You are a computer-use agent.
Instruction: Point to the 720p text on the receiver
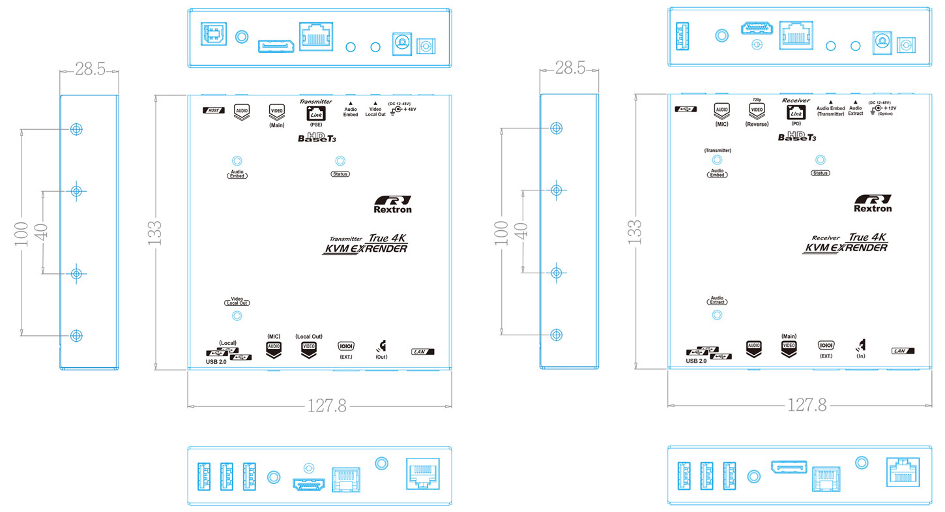click(x=757, y=100)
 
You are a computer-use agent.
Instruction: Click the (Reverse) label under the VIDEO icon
click(x=757, y=124)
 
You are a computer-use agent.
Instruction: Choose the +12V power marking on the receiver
click(x=890, y=108)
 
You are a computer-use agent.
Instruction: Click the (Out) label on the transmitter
click(x=381, y=357)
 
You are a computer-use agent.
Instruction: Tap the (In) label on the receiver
click(x=861, y=357)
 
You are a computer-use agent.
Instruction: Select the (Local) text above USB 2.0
click(x=227, y=342)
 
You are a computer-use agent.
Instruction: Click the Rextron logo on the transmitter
click(x=393, y=204)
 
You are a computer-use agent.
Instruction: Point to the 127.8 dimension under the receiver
click(x=807, y=406)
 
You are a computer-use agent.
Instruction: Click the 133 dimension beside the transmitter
click(x=154, y=232)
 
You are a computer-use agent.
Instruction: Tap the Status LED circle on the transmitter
click(x=340, y=161)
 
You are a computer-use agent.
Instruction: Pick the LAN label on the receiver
click(x=903, y=352)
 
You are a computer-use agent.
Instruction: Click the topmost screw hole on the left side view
click(x=76, y=128)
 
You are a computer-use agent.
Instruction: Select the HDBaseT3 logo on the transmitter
click(x=317, y=137)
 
